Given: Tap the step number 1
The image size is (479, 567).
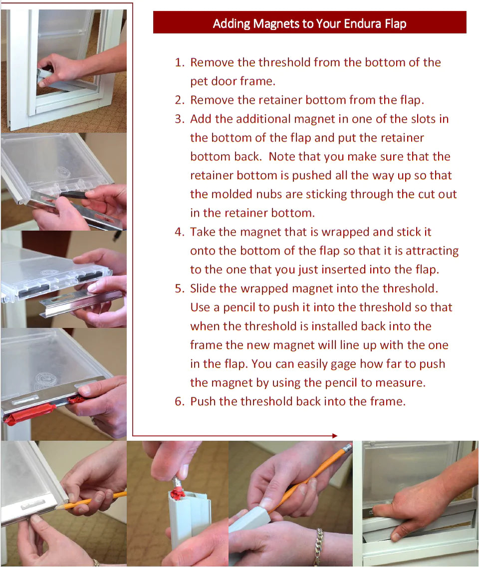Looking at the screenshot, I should pyautogui.click(x=180, y=62).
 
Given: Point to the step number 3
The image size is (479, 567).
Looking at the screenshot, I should pyautogui.click(x=180, y=119).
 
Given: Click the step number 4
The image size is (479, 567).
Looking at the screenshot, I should pyautogui.click(x=180, y=232).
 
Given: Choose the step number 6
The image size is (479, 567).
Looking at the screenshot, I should pyautogui.click(x=180, y=401).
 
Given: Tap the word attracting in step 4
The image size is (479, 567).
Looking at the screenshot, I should pyautogui.click(x=432, y=251).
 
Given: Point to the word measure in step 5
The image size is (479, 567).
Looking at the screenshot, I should pyautogui.click(x=403, y=383).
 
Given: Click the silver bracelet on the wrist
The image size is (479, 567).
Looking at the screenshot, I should pyautogui.click(x=318, y=547).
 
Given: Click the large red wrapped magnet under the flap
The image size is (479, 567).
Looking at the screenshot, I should pyautogui.click(x=30, y=413).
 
